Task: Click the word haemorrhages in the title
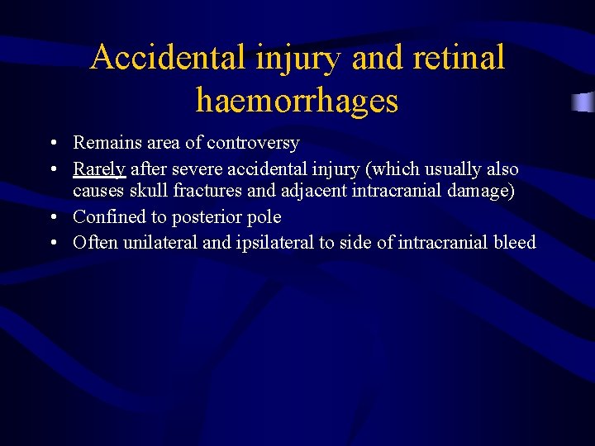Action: tap(297, 101)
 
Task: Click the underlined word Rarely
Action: tap(99, 169)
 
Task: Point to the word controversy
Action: tap(253, 143)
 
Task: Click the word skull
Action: tap(149, 191)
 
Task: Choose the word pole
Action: tap(264, 217)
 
